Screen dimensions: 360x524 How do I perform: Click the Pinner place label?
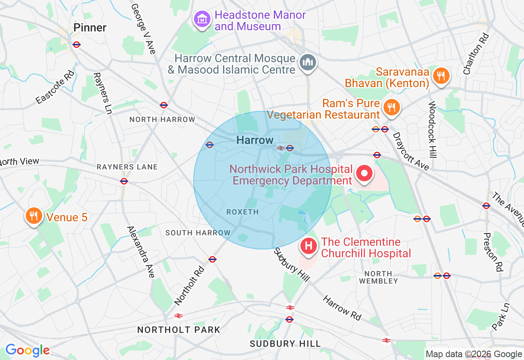[90, 28]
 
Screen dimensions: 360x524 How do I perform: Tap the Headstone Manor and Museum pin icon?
[202, 19]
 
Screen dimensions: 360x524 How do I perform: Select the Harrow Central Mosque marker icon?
[307, 63]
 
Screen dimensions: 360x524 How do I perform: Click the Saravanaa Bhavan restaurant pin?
[440, 76]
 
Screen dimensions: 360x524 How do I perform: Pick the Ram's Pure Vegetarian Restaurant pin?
[391, 108]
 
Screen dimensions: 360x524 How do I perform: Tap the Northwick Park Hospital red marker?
[364, 173]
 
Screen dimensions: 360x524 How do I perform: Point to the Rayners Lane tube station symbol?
[124, 181]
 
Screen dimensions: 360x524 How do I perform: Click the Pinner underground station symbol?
[76, 45]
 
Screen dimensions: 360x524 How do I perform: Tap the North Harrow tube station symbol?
[164, 105]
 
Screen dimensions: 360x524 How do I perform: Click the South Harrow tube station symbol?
[212, 259]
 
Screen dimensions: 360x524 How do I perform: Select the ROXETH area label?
[242, 212]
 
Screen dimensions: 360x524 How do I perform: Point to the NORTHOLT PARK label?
[178, 330]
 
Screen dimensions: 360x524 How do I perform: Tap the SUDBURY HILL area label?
[285, 344]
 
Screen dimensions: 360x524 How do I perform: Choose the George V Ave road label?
[143, 29]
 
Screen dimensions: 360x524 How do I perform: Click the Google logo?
[27, 351]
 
